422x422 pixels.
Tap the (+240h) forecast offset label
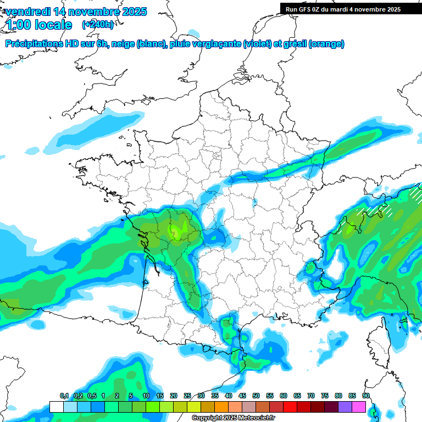[98, 24]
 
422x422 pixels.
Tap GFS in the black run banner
[310, 9]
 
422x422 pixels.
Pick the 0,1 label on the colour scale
[64, 396]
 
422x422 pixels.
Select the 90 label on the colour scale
[365, 396]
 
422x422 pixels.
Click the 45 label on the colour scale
[242, 396]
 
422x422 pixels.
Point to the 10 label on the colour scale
[146, 396]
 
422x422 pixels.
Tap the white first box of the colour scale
[56, 407]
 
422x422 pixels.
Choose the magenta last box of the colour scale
[359, 407]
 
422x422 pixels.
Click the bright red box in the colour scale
[290, 407]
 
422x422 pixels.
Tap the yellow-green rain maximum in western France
[177, 230]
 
